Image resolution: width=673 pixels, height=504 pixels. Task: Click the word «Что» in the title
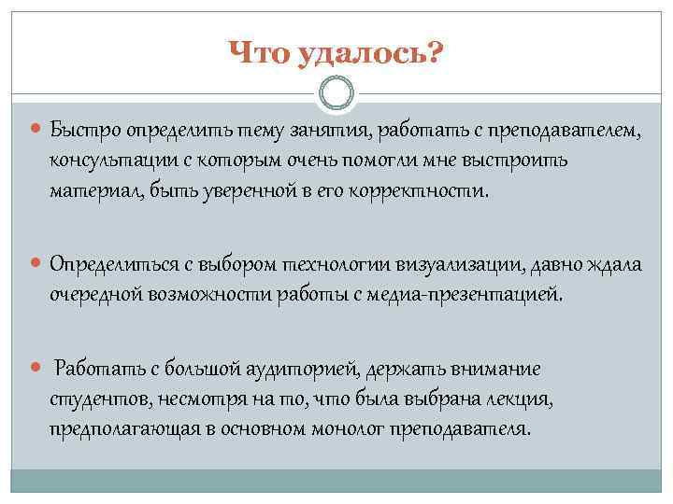point(259,56)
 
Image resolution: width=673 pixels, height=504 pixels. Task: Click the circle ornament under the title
point(336,95)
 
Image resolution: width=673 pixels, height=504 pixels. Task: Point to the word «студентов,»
point(93,402)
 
